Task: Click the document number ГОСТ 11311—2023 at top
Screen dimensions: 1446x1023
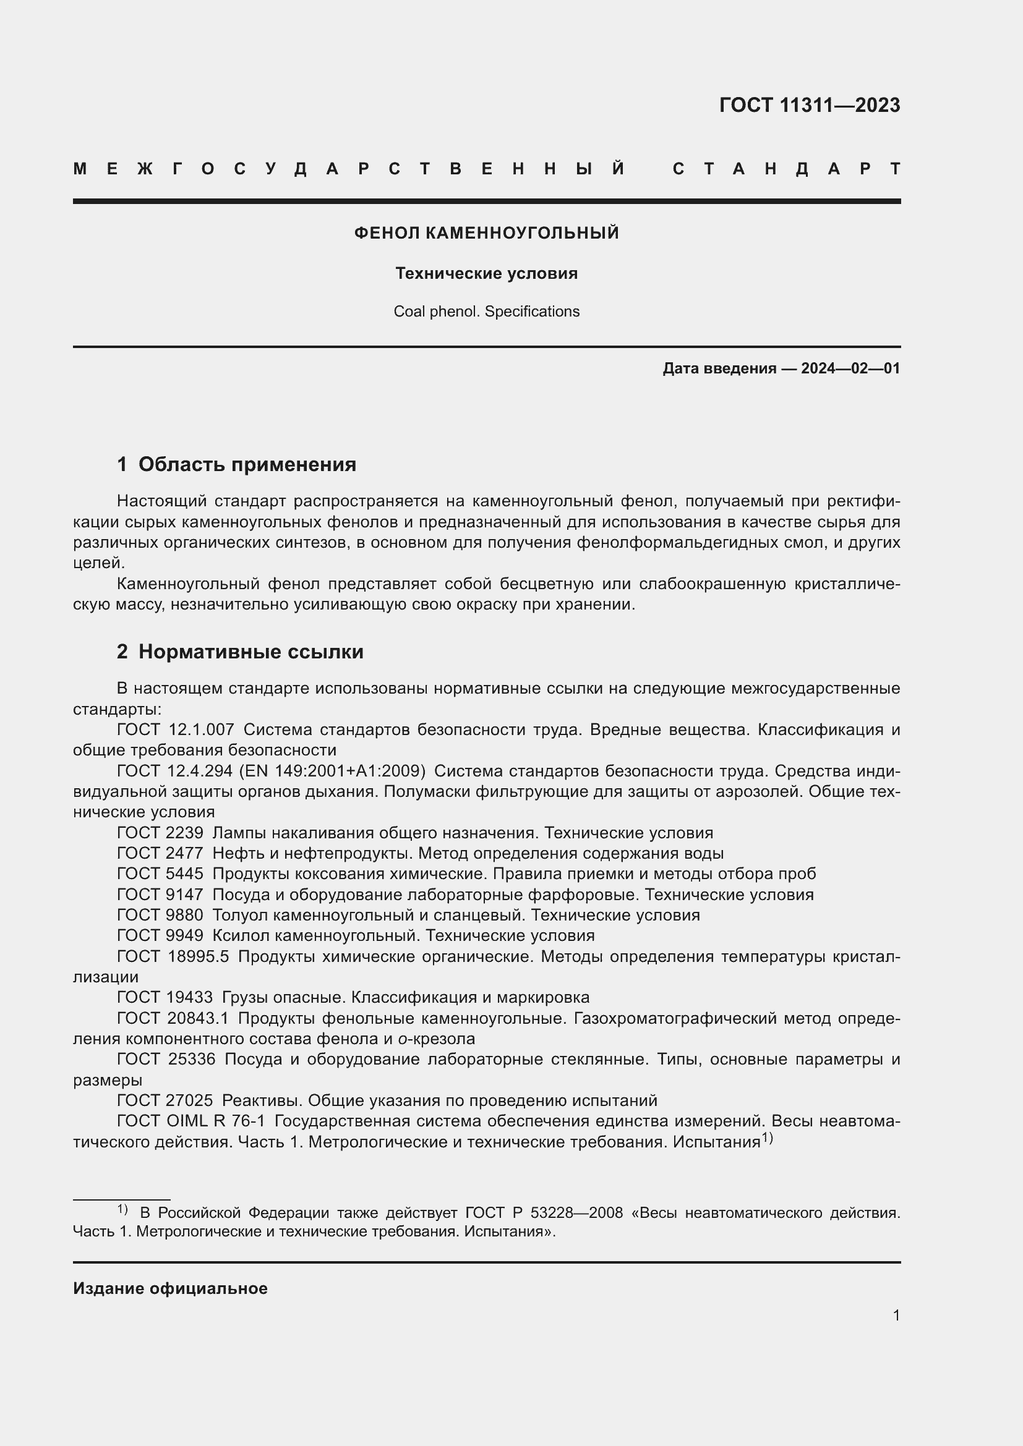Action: tap(809, 105)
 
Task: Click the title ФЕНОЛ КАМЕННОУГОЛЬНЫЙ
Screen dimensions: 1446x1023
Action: tap(486, 233)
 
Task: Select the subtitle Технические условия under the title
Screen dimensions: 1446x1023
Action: tap(486, 273)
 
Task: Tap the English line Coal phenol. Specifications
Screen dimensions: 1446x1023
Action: tap(486, 312)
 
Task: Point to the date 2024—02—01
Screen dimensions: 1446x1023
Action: tap(850, 368)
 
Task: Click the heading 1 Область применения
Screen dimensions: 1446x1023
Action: tap(236, 464)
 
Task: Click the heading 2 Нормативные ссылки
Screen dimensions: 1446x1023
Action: tap(240, 651)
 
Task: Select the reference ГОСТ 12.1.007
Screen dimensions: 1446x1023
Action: tap(175, 730)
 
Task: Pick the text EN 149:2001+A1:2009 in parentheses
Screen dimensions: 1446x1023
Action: tap(332, 772)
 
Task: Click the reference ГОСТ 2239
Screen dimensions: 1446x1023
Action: tap(160, 833)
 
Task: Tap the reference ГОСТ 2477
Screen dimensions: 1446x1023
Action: tap(160, 853)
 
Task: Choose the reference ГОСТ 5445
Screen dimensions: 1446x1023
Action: tap(160, 874)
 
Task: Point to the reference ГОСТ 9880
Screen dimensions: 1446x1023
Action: tap(160, 915)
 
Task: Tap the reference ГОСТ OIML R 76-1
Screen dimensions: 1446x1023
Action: tap(191, 1121)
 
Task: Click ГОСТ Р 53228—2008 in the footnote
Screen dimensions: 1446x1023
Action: tap(544, 1212)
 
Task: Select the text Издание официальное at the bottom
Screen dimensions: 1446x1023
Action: tap(170, 1288)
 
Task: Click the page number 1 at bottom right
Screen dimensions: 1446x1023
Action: tap(896, 1315)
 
